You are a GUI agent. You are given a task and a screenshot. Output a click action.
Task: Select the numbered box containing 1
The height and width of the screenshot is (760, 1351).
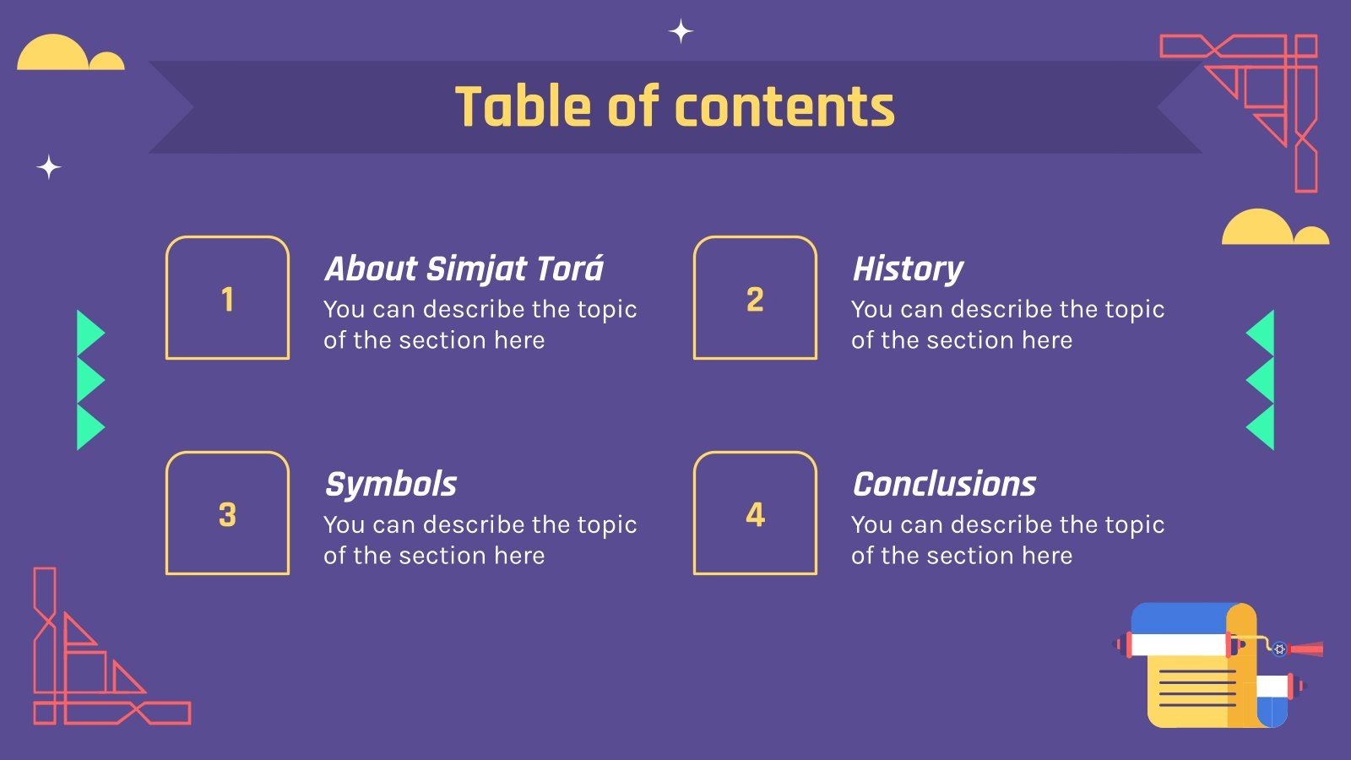coord(227,298)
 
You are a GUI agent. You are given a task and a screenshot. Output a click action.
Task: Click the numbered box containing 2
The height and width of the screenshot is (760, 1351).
coord(755,298)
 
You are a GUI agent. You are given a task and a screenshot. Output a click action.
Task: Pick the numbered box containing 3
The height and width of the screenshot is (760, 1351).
coord(227,513)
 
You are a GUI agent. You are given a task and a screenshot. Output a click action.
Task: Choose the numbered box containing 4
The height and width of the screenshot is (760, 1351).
coord(755,513)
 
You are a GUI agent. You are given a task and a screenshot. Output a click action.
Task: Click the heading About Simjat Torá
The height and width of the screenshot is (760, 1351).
coord(464,269)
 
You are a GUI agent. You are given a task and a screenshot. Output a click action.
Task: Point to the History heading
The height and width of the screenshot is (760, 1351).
coord(908,269)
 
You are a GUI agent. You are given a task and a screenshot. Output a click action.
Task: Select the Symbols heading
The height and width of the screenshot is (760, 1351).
coord(391,484)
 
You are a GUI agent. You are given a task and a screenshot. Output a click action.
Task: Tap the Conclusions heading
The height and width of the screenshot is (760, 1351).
coord(944,484)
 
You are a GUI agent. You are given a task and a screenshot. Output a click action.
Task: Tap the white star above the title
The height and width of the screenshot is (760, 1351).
coord(681,32)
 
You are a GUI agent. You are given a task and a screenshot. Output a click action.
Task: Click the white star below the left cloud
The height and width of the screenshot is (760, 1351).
coord(49,167)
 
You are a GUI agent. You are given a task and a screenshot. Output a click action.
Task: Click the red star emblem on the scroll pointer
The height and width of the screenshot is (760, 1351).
coord(1279,649)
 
